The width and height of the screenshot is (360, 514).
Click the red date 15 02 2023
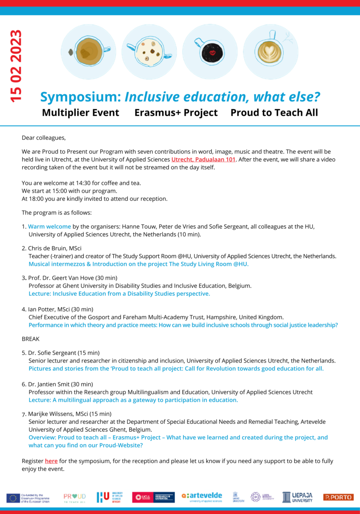(16, 66)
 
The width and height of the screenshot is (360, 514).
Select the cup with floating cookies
(149, 52)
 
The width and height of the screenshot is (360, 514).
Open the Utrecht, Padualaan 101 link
(203, 160)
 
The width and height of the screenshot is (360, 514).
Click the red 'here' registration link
(51, 461)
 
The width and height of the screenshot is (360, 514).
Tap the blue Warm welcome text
(49, 226)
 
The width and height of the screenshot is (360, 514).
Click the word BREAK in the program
(30, 339)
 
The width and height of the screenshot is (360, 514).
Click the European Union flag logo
(13, 498)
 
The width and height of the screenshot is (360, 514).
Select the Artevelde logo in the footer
(202, 497)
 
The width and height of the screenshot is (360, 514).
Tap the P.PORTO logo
(338, 497)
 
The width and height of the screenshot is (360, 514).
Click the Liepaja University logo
(297, 497)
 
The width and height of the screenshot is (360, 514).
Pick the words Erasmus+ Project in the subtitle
(176, 113)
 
